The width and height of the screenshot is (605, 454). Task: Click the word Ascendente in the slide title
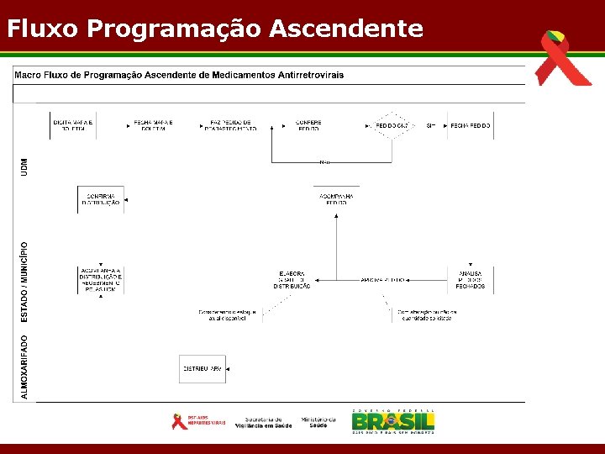coord(346,29)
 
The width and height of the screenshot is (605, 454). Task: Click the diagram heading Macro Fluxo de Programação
coord(178,75)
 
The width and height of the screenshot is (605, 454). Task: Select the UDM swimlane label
coord(24,166)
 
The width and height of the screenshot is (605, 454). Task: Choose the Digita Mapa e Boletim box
coord(72,125)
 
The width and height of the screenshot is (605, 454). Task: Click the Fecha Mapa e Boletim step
coord(153,125)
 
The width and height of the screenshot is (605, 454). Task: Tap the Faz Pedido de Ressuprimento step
coord(230,125)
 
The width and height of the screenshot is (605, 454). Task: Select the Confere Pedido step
coord(308,125)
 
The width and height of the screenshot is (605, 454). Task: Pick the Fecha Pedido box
coord(470,125)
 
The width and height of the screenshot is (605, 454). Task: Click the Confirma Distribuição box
coord(101,199)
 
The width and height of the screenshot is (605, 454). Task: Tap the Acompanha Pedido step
coord(336,199)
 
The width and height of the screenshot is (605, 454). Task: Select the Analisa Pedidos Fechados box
coord(470,279)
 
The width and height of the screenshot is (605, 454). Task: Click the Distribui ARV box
coord(203,369)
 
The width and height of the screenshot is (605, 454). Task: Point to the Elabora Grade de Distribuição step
coord(292,279)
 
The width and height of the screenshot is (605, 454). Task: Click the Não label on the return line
coord(325,161)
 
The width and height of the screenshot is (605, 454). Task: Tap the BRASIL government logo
coord(393,420)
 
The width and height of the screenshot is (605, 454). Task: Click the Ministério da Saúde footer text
coord(318,422)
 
